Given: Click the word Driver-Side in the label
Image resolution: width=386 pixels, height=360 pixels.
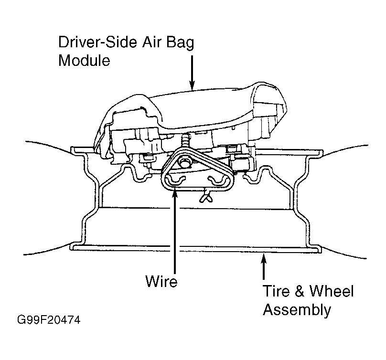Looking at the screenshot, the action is click(97, 42).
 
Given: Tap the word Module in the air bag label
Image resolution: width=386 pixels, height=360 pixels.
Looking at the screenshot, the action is click(84, 60).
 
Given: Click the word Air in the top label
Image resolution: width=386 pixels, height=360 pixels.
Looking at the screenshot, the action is click(151, 42).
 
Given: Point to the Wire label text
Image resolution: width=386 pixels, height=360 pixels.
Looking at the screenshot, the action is click(161, 281).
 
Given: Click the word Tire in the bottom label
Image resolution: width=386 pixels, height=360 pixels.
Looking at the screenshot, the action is click(276, 291).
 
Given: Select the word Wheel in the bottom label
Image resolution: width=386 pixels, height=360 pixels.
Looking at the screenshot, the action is click(332, 291).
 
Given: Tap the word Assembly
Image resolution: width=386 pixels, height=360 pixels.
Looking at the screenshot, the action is click(297, 310).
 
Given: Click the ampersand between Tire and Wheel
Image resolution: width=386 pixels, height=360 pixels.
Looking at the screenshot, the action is click(300, 291).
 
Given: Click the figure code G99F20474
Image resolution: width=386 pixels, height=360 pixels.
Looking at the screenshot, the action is click(49, 320).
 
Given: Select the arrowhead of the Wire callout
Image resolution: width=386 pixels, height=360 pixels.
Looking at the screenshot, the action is click(174, 192).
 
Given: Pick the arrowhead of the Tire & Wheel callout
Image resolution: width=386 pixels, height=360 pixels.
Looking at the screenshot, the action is click(264, 258).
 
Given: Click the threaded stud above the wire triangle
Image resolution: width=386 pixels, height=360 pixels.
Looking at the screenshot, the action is click(185, 141).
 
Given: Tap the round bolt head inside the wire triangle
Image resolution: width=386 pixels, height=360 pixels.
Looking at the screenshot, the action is click(184, 163).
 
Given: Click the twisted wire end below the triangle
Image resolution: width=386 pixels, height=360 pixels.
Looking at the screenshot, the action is click(206, 197).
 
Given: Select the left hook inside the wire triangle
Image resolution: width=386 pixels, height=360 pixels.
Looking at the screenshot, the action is click(174, 180).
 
